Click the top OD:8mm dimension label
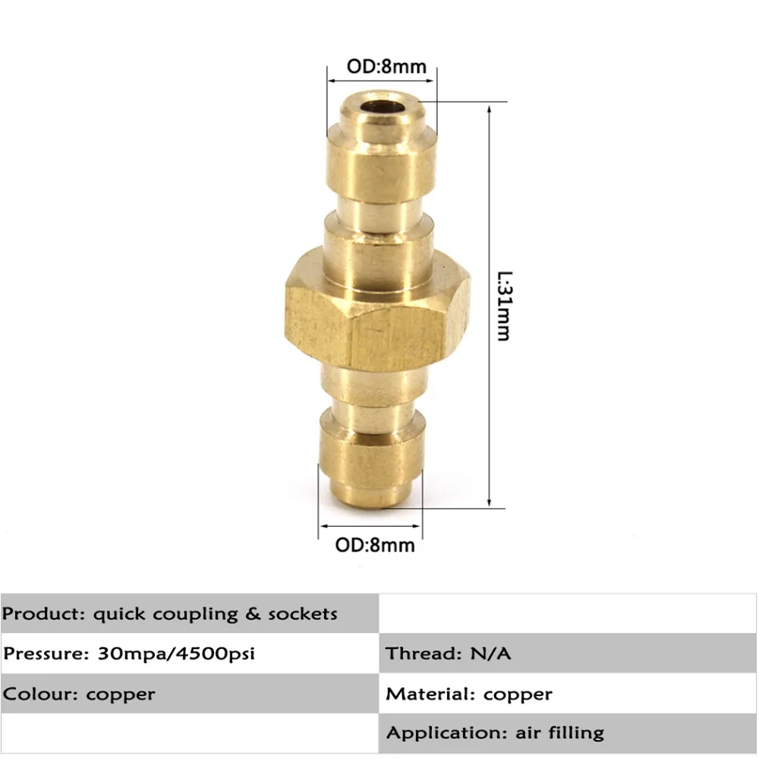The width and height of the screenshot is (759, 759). click(386, 66)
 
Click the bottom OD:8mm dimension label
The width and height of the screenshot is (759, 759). click(375, 545)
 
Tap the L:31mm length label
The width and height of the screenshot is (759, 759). click(505, 306)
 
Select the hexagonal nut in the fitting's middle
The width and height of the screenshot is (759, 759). click(377, 310)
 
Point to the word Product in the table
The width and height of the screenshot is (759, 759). click(43, 614)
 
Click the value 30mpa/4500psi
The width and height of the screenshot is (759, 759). click(176, 653)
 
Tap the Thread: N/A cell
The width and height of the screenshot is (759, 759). click(567, 653)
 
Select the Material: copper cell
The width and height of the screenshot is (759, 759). click(567, 693)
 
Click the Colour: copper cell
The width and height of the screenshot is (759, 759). click(190, 693)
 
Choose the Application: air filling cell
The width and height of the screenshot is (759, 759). click(567, 733)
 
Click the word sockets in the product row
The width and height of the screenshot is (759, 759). click(303, 614)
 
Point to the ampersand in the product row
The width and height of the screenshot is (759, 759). click(253, 614)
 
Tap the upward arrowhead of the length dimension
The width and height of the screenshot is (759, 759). click(489, 109)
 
